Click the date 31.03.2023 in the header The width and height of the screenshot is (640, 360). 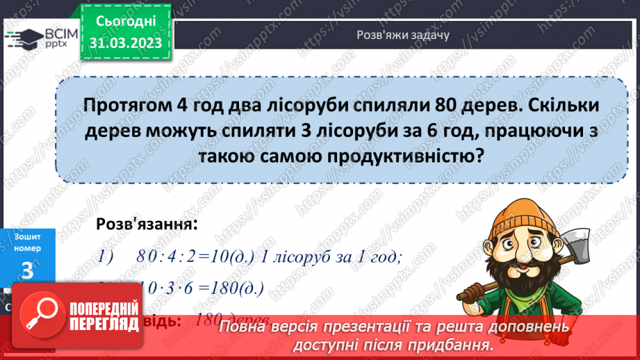tap(126, 43)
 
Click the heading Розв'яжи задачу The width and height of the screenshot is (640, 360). tap(402, 35)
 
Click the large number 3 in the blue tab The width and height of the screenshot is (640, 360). tap(27, 270)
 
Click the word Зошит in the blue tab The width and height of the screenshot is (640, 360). tap(27, 237)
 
